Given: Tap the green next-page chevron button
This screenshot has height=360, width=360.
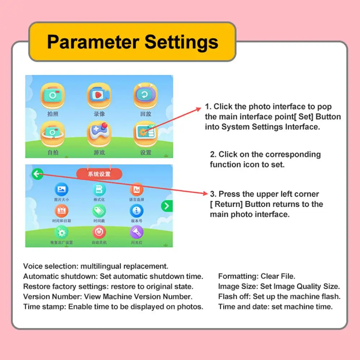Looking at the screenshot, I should pos(167,206).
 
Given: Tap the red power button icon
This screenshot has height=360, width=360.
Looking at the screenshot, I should pos(99,232).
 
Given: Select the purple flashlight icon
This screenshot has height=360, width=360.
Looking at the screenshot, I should pos(136,232).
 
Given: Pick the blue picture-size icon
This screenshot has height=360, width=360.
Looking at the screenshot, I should pos(61,189).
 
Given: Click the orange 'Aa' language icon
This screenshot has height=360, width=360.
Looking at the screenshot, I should pos(136,189).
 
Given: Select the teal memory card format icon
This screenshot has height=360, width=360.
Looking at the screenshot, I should pos(99,189).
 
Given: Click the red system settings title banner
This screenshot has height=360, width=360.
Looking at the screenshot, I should pos(99,174).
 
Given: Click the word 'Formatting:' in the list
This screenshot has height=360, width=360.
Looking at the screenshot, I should pos(238,277).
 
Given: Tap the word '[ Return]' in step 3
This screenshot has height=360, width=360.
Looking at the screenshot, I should pos(227,204).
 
